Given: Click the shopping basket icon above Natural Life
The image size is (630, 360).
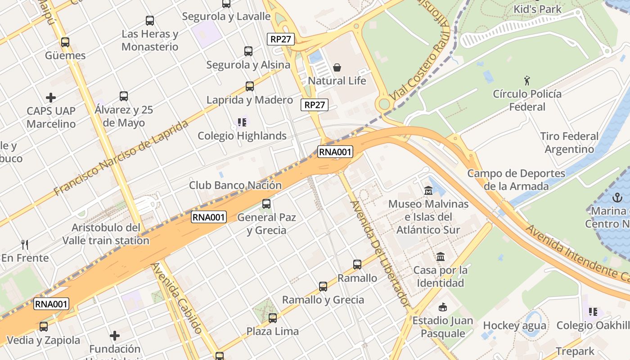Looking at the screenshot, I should point(337,68).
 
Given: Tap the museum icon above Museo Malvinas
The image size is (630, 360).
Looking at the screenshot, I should point(428,191).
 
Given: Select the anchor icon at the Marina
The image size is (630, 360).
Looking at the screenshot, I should point(618,198).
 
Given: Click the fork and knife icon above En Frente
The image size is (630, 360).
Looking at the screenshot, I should point(25,245).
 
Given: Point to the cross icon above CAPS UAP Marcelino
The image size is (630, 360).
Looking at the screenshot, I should point(51,97).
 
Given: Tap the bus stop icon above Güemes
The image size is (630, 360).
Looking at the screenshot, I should point(65,42).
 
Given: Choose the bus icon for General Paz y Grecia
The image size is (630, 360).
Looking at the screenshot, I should point(266,204).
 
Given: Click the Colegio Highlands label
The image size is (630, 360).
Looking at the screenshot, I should point(242,135).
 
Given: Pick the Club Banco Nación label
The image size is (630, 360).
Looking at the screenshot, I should point(235,185).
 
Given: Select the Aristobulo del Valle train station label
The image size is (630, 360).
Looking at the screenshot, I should point(106,234).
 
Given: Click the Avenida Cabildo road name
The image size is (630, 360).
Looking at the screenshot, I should point(176,298).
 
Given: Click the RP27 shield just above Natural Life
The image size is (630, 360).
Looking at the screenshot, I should point(281,39).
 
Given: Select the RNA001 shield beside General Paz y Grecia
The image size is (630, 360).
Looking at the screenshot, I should point(208,217).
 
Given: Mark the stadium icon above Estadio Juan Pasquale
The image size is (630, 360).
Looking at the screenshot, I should point(443,307).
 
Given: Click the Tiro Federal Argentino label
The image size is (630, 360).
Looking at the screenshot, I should point(569,142).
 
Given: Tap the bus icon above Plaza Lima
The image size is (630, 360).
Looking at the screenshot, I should point(273,318).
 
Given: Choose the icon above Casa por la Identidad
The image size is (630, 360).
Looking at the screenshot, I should point(441,257).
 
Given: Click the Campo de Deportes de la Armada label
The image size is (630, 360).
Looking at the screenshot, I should point(516,180).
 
